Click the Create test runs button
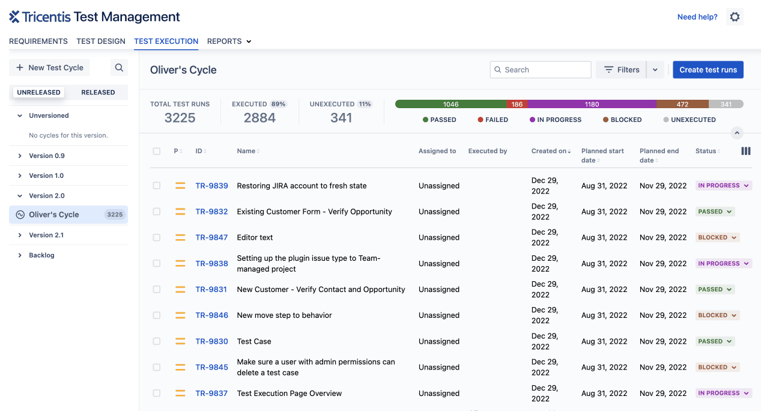point(708,70)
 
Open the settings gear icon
point(735,17)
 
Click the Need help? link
point(697,17)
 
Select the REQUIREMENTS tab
point(38,41)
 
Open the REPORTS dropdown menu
point(229,41)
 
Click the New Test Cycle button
point(50,68)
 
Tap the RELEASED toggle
point(98,93)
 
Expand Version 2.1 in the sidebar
point(46,235)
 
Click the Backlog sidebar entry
point(41,255)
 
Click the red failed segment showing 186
point(517,104)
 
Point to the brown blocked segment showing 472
point(682,104)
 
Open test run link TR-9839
point(211,186)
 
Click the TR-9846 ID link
point(211,315)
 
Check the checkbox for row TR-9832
point(157,212)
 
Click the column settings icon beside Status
point(746,151)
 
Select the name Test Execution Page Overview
point(289,394)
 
